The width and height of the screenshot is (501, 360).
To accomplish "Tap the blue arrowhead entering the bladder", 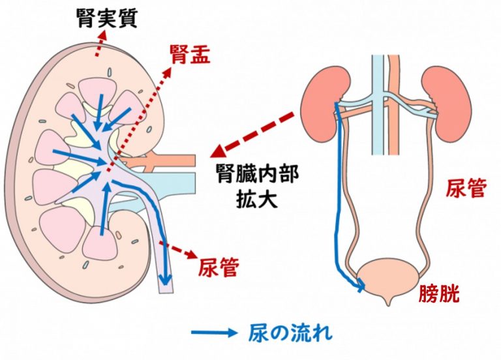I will click(359, 285).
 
